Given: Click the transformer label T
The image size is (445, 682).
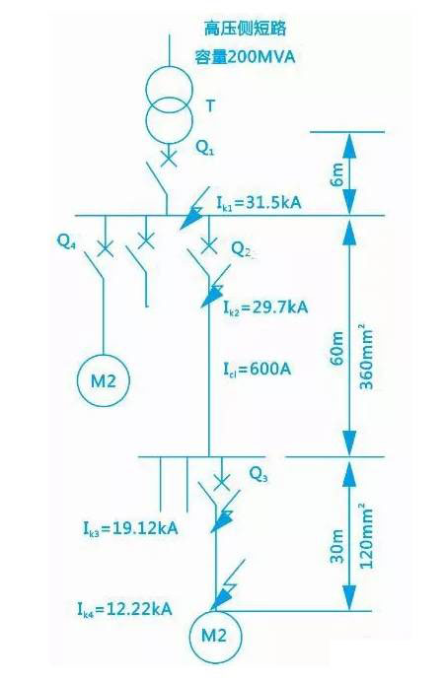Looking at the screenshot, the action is click(x=210, y=105).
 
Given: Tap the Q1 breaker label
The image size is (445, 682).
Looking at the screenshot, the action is click(x=204, y=148).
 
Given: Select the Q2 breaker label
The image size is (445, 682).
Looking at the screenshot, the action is click(x=241, y=249).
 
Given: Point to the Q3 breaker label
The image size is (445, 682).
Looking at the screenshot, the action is click(x=259, y=474).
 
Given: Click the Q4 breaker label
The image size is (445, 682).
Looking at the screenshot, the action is click(x=67, y=240).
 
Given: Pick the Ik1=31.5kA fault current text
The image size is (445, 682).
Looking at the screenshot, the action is click(x=260, y=203).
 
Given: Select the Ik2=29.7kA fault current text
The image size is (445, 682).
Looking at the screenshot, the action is click(x=265, y=307).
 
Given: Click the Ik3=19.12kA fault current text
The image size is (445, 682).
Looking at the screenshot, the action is click(x=130, y=528).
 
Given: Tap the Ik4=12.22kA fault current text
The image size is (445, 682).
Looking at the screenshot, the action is click(x=125, y=608).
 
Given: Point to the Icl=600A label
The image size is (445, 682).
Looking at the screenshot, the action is click(x=257, y=370).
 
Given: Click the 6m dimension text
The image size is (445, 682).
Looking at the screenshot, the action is click(x=337, y=174).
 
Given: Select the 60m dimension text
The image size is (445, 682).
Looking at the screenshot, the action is click(x=337, y=349).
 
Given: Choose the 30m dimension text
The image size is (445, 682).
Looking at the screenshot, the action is click(x=337, y=546).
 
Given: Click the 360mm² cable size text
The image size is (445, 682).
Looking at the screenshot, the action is click(x=365, y=356).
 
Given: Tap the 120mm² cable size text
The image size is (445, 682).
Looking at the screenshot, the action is click(x=365, y=536).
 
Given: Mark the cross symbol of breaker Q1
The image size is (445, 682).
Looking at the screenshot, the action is click(x=169, y=158).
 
